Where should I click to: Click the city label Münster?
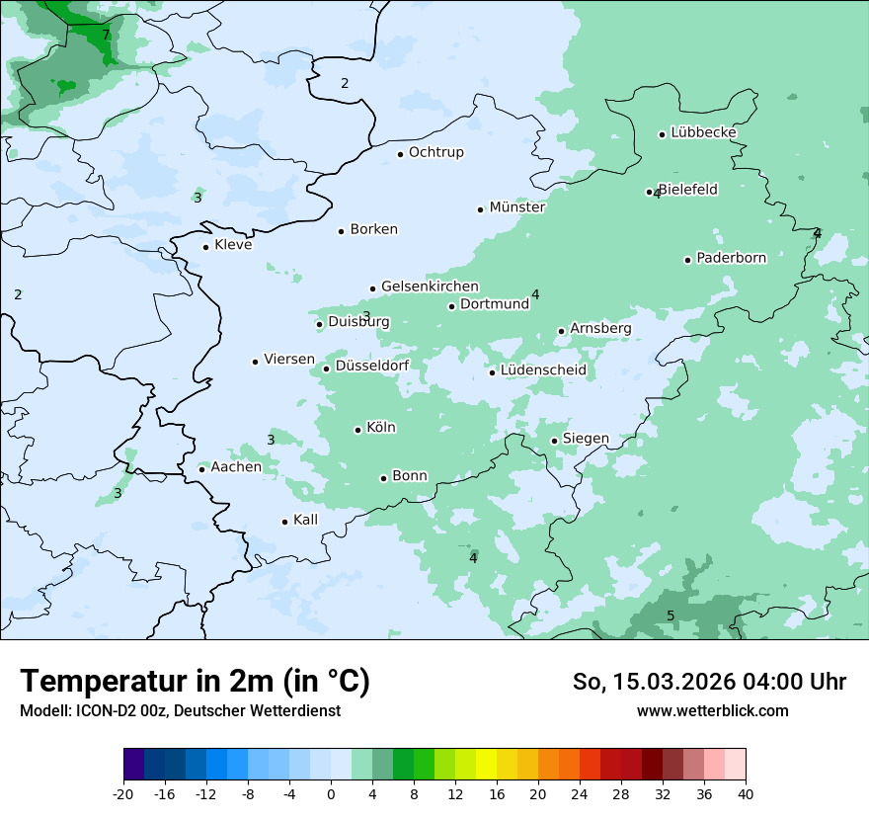517,207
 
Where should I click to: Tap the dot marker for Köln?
358,430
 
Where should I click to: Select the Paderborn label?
731,258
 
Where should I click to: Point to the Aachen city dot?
201,469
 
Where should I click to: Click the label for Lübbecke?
703,132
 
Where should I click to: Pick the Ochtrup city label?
435,152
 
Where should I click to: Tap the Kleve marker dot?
205,247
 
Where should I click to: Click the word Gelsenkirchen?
430,287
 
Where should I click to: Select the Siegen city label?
586,439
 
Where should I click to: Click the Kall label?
305,520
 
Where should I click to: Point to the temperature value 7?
106,36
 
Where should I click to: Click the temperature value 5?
671,616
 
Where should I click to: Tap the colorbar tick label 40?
745,794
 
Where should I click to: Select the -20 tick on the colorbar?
123,794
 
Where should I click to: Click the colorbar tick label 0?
331,794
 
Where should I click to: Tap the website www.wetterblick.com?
712,711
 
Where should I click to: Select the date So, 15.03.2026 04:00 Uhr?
709,682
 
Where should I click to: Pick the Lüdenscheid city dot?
492,372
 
